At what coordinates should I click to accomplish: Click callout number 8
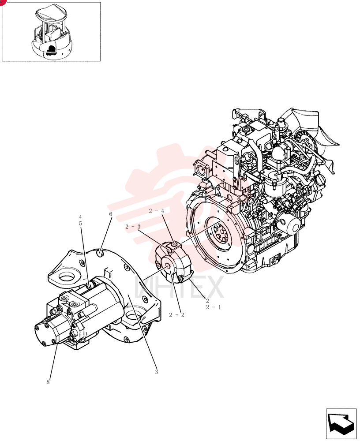click(48, 382)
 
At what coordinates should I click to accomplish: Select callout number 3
click(157, 371)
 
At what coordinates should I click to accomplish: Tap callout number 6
click(111, 214)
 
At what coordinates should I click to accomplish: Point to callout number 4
click(80, 217)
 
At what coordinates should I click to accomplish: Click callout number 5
click(80, 223)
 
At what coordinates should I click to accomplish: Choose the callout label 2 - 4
click(157, 211)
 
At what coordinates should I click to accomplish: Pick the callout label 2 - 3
click(133, 227)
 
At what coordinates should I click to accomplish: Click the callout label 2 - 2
click(176, 315)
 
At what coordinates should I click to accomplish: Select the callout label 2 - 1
click(214, 307)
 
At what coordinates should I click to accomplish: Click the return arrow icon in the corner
click(341, 423)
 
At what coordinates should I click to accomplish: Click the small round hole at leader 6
click(101, 254)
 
